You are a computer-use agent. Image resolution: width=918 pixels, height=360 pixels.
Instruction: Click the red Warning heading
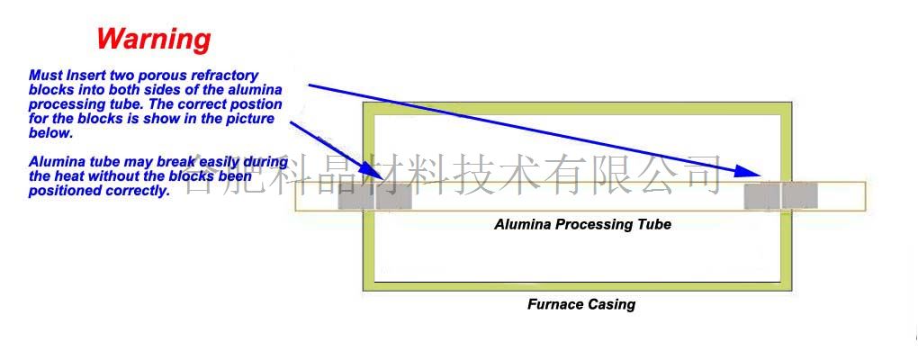coord(154,39)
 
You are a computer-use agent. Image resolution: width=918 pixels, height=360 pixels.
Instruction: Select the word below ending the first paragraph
coord(50,133)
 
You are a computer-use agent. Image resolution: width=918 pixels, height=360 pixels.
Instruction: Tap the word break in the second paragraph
coord(186,162)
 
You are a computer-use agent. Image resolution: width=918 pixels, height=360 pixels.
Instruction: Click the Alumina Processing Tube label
coord(582,224)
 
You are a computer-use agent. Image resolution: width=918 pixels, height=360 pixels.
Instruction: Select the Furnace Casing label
coord(580,304)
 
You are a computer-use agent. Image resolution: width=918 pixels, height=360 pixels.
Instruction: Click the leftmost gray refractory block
coord(355,196)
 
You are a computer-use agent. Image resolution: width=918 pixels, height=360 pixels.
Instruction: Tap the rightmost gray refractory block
coord(799,195)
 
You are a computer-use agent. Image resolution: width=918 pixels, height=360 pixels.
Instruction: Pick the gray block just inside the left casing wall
coord(393,196)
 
